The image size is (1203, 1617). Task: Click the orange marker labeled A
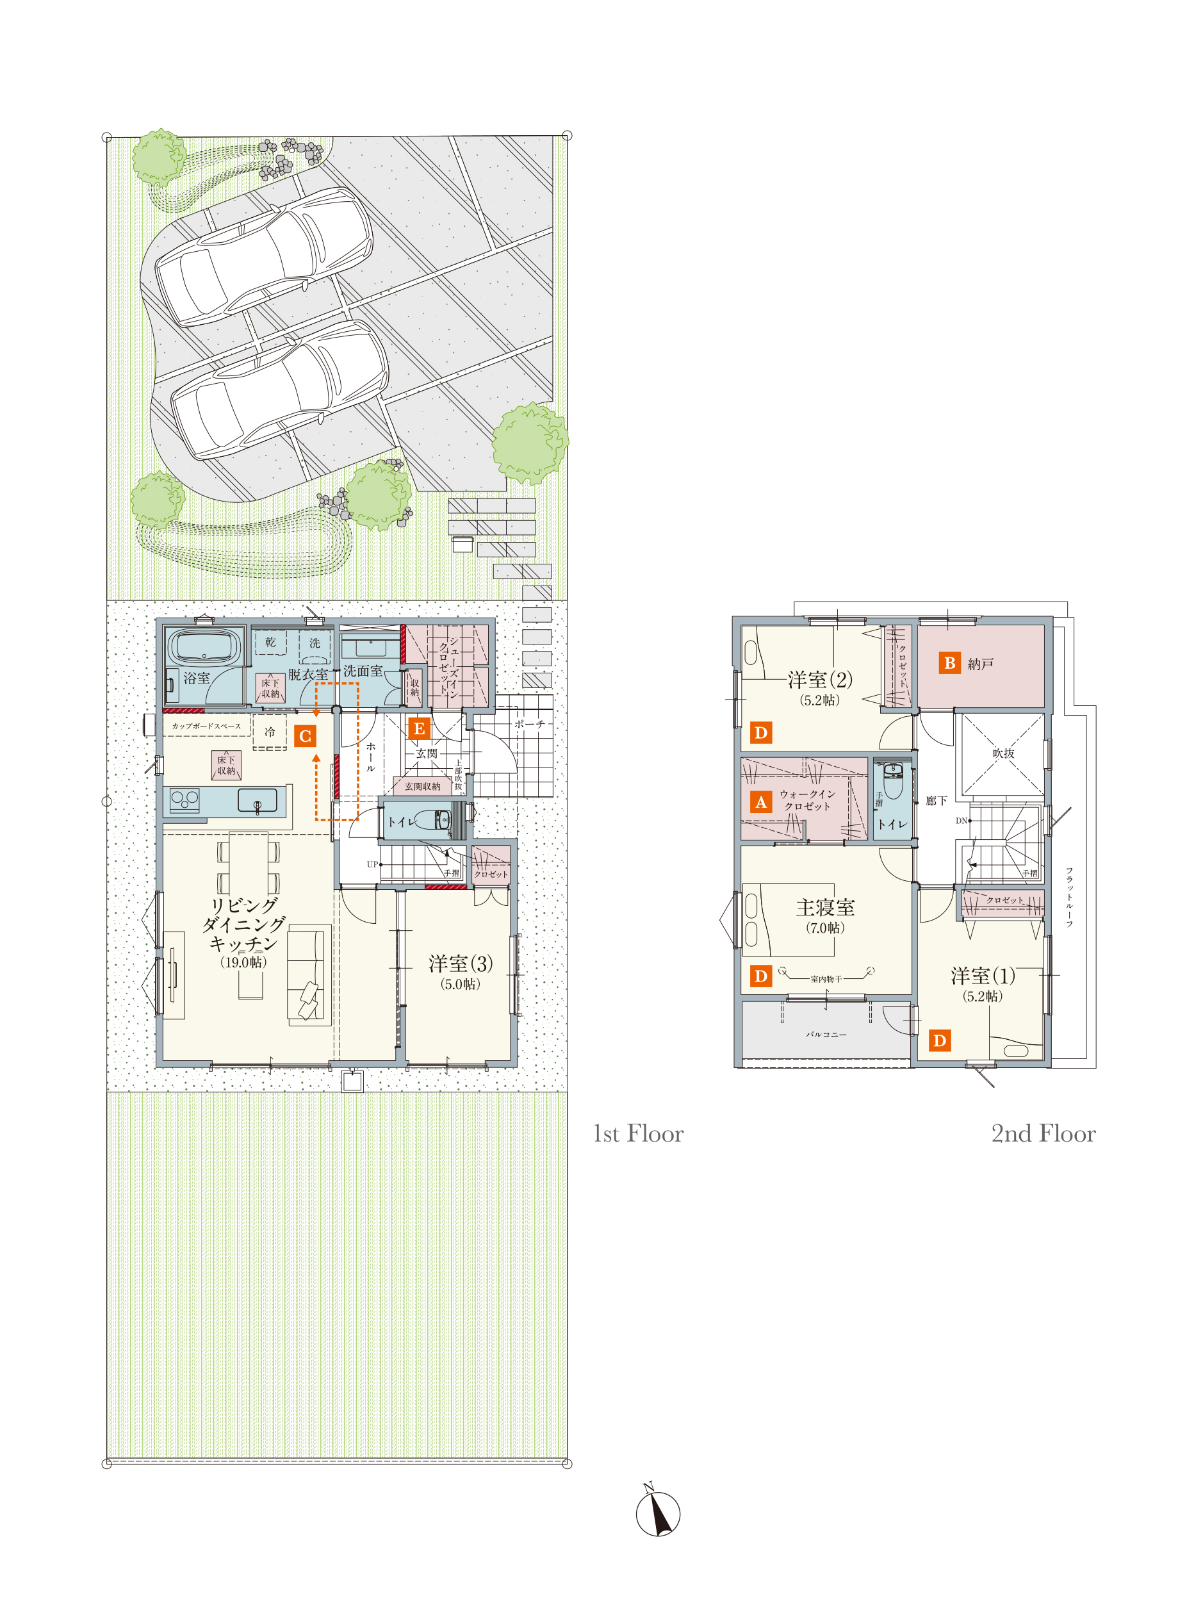(x=761, y=802)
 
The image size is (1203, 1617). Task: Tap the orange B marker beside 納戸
(x=949, y=663)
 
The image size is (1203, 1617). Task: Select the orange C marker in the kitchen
(x=305, y=736)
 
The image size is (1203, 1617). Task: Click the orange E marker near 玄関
(x=419, y=728)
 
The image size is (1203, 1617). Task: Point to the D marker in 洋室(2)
(x=761, y=733)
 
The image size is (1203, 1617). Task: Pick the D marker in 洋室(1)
(x=939, y=1041)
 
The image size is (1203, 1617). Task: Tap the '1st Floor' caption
(x=639, y=1134)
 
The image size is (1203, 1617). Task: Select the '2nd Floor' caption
(x=1043, y=1134)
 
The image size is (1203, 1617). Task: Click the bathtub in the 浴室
(x=203, y=646)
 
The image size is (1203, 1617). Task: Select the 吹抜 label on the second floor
(x=1004, y=753)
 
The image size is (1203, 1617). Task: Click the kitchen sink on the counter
(x=257, y=800)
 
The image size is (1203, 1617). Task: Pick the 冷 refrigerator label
(x=270, y=732)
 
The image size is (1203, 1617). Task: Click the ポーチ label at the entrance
(x=529, y=724)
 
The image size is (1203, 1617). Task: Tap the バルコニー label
(x=826, y=1034)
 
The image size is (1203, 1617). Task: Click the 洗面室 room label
(x=363, y=670)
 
